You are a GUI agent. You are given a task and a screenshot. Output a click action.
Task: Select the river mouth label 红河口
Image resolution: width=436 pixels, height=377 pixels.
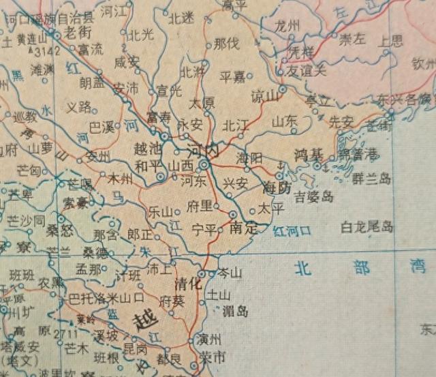[292, 231]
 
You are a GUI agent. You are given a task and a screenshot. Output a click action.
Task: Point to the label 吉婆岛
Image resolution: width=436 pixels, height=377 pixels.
[314, 198]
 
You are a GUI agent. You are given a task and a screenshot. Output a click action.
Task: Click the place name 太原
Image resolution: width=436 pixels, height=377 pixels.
[202, 104]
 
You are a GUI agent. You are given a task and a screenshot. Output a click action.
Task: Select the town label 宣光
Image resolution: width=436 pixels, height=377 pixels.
[170, 91]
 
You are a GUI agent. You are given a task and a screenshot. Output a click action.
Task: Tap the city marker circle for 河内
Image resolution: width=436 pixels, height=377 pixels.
[204, 165]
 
